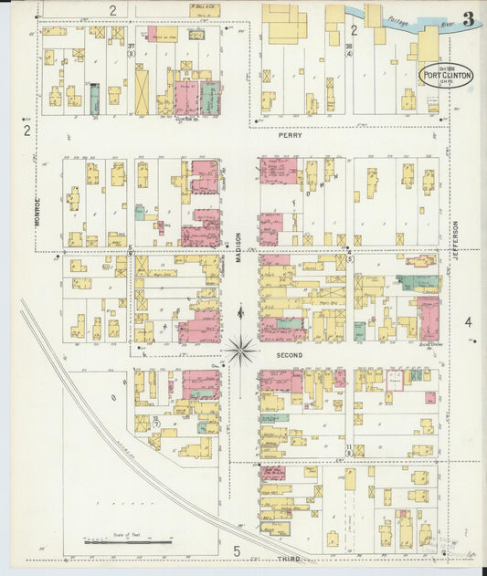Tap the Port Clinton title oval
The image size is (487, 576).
pos(447,75)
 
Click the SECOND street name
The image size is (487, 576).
pos(290,354)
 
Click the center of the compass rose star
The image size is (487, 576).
pos(242,348)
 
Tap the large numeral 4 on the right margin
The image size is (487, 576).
pos(468,321)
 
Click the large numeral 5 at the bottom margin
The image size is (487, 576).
pos(236,550)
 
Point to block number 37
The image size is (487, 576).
pos(132,47)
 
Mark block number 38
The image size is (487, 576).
pos(349,46)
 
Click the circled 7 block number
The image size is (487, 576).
pos(155,424)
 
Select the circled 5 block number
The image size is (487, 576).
pos(349,259)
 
